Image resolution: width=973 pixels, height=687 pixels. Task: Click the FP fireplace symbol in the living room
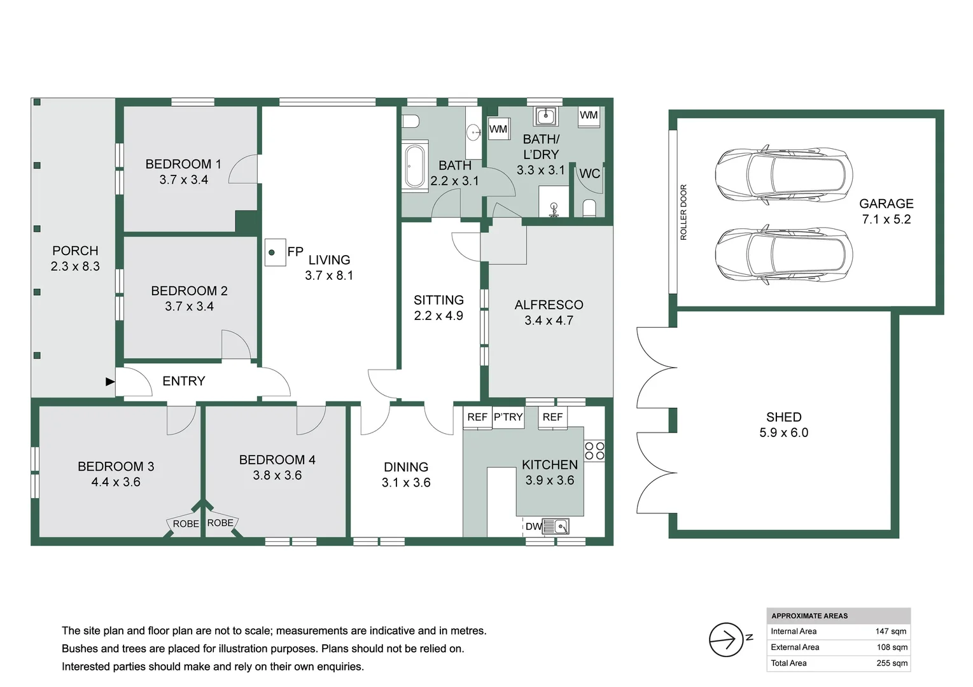pos(275,253)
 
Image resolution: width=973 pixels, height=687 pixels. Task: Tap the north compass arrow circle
pos(726,640)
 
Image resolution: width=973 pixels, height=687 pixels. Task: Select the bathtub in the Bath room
pos(415,166)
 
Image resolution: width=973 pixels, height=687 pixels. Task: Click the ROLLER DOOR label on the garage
pos(683,212)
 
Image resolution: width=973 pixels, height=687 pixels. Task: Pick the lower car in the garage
pos(783,254)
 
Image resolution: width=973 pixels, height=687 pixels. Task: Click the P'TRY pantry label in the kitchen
pos(508,417)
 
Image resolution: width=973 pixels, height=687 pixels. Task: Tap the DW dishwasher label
pos(533,527)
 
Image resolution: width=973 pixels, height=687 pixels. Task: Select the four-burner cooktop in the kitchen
pos(594,451)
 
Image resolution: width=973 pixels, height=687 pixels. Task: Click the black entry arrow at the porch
pos(110,382)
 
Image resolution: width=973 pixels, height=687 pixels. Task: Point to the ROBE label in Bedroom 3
pos(186,524)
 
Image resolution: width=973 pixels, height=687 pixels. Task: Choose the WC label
pos(589,174)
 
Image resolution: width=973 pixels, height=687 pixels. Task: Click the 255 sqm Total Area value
pos(892,663)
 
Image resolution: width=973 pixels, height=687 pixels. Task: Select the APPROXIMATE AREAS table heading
pos(809,616)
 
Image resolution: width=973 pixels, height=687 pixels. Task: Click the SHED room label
pos(783,417)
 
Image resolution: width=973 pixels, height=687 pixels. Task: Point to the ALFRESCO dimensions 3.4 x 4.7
pos(549,321)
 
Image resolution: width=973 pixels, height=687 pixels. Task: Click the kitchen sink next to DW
pos(556,527)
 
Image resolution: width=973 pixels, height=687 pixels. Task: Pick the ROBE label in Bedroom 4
pos(220,523)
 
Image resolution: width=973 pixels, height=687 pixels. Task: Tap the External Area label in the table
pos(795,647)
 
